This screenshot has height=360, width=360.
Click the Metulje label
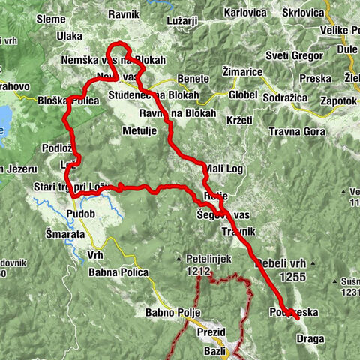click(x=138, y=130)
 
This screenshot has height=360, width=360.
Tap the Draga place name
click(x=310, y=338)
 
